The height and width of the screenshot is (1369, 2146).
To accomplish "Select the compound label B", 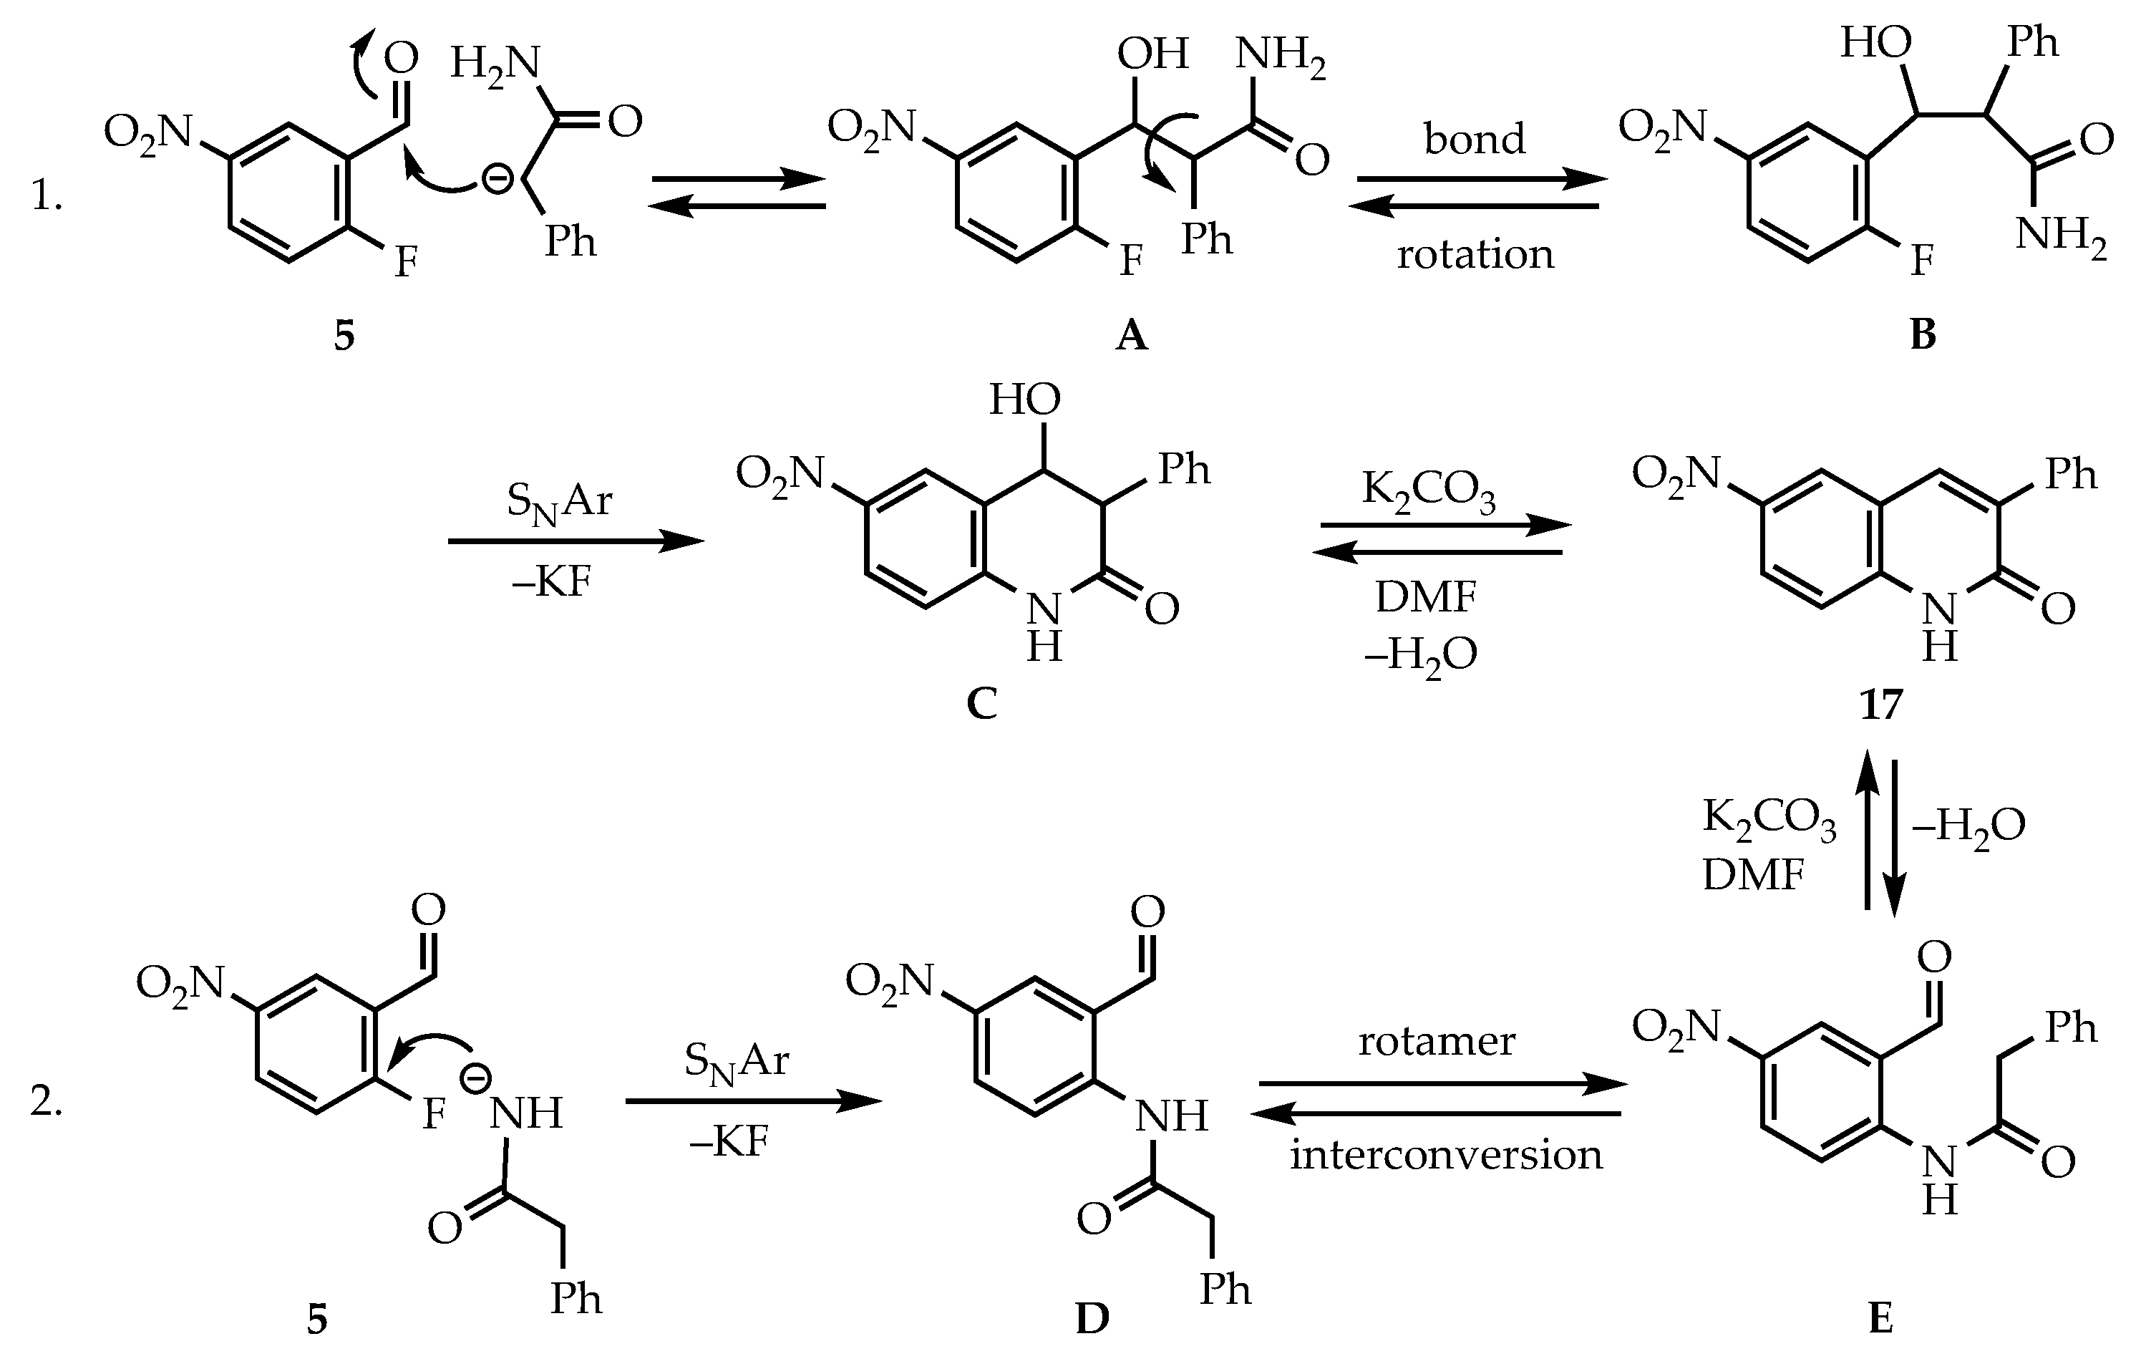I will pyautogui.click(x=1923, y=334).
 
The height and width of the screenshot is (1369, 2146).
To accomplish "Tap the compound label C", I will pyautogui.click(x=981, y=703).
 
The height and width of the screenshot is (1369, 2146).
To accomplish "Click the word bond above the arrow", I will pyautogui.click(x=1475, y=139).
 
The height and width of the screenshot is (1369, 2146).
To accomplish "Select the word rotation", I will pyautogui.click(x=1475, y=255).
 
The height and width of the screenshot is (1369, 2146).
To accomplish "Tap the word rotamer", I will pyautogui.click(x=1437, y=1041).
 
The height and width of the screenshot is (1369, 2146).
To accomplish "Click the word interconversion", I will pyautogui.click(x=1447, y=1155).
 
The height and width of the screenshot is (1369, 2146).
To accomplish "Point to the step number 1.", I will pyautogui.click(x=47, y=196).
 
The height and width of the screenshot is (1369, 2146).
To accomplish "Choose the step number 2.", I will pyautogui.click(x=47, y=1103).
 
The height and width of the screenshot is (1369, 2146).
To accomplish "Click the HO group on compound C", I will pyautogui.click(x=1025, y=400).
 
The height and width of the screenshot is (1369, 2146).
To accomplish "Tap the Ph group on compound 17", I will pyautogui.click(x=2071, y=474).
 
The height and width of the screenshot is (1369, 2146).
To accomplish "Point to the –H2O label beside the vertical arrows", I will pyautogui.click(x=1968, y=827).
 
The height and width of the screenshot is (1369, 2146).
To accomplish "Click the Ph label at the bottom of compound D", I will pyautogui.click(x=1225, y=1289).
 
